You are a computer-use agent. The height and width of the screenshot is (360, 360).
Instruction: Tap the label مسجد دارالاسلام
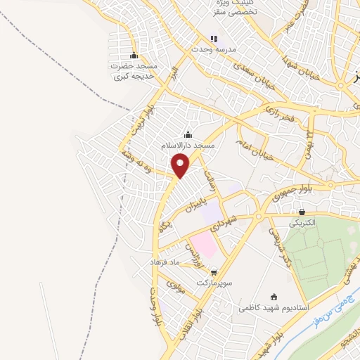pyautogui.click(x=187, y=144)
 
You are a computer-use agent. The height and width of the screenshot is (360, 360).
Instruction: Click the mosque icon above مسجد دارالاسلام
pyautogui.click(x=187, y=134)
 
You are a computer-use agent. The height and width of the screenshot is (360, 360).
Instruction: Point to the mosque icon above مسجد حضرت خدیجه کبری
pyautogui.click(x=134, y=56)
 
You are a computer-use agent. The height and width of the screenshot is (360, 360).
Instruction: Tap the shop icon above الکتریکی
pyautogui.click(x=302, y=212)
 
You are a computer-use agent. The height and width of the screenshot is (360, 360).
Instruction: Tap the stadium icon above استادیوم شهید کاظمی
pyautogui.click(x=274, y=297)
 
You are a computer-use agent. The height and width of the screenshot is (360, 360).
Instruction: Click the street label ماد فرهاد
pyautogui.click(x=165, y=262)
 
